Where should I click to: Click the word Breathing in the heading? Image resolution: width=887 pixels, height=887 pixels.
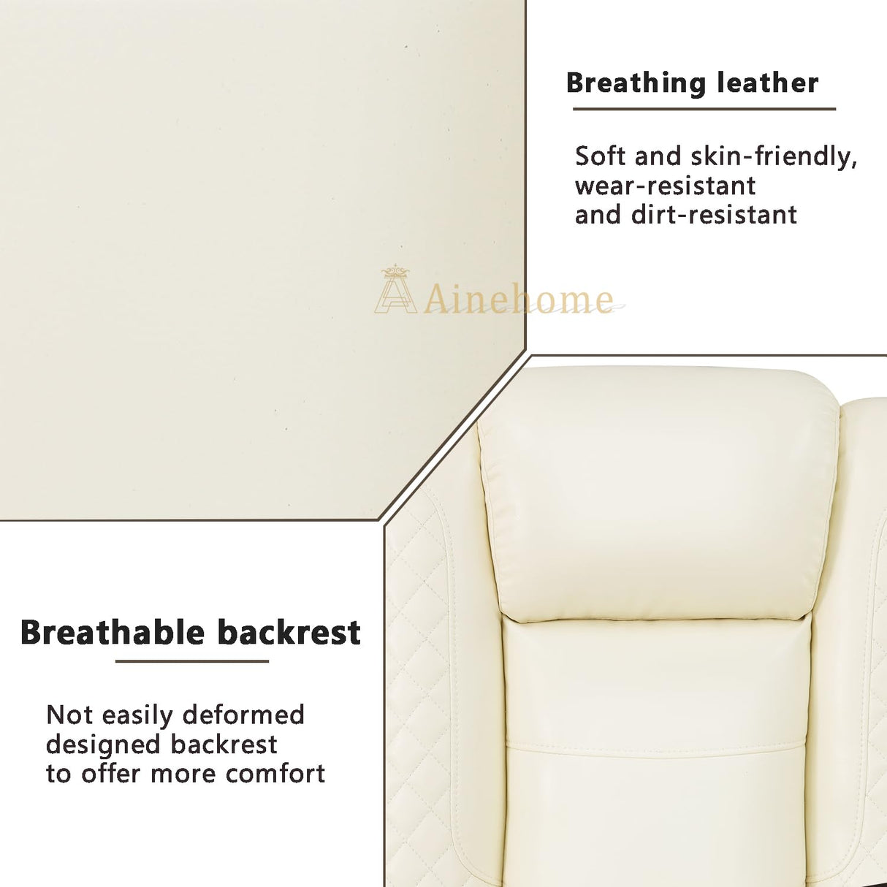coord(636,83)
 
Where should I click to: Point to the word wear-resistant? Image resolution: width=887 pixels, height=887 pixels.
coord(665,186)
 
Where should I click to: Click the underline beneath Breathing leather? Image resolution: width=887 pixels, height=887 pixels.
coord(704,110)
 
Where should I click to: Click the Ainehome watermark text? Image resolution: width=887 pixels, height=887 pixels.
coord(519,299)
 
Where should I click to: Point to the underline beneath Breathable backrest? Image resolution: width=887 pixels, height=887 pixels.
coord(192,661)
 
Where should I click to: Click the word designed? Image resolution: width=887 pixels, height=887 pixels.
coord(103,745)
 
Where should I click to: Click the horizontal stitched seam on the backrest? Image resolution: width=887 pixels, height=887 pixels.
coord(654,747)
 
